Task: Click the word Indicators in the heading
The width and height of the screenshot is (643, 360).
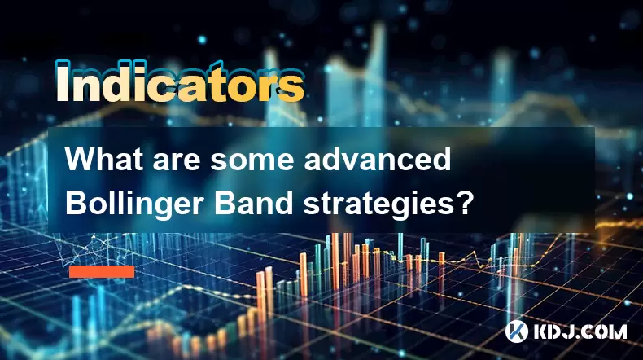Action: [180, 81]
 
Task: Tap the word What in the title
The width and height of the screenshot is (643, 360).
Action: [104, 159]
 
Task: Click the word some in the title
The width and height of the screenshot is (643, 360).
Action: [252, 162]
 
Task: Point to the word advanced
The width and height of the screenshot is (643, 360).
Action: [378, 159]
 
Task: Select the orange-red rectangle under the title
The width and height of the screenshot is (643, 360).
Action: [102, 271]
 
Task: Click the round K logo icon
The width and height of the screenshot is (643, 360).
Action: [517, 331]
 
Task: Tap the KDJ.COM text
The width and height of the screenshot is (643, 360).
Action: [580, 331]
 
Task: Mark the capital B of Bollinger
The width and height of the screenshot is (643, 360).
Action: [75, 202]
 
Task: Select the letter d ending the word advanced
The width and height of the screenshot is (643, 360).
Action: [440, 159]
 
